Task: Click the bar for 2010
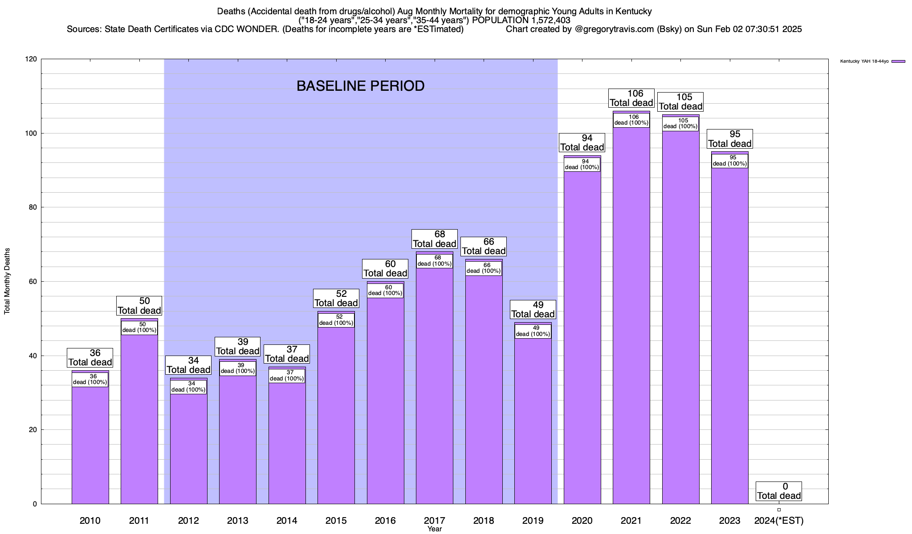pos(90,445)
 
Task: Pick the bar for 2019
pos(533,423)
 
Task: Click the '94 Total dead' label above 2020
pos(582,142)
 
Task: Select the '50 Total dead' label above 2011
pos(139,306)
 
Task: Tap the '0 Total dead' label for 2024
pos(779,491)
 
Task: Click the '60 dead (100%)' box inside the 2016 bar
pos(385,290)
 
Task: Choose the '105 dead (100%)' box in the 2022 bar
pos(680,123)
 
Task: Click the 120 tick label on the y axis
pos(31,59)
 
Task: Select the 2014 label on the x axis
pos(287,521)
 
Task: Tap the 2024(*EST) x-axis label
pos(779,521)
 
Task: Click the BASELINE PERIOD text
pos(360,86)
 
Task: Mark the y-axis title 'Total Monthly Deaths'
pos(7,281)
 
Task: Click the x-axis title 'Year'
pos(434,529)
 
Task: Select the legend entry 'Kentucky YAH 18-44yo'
pos(864,61)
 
